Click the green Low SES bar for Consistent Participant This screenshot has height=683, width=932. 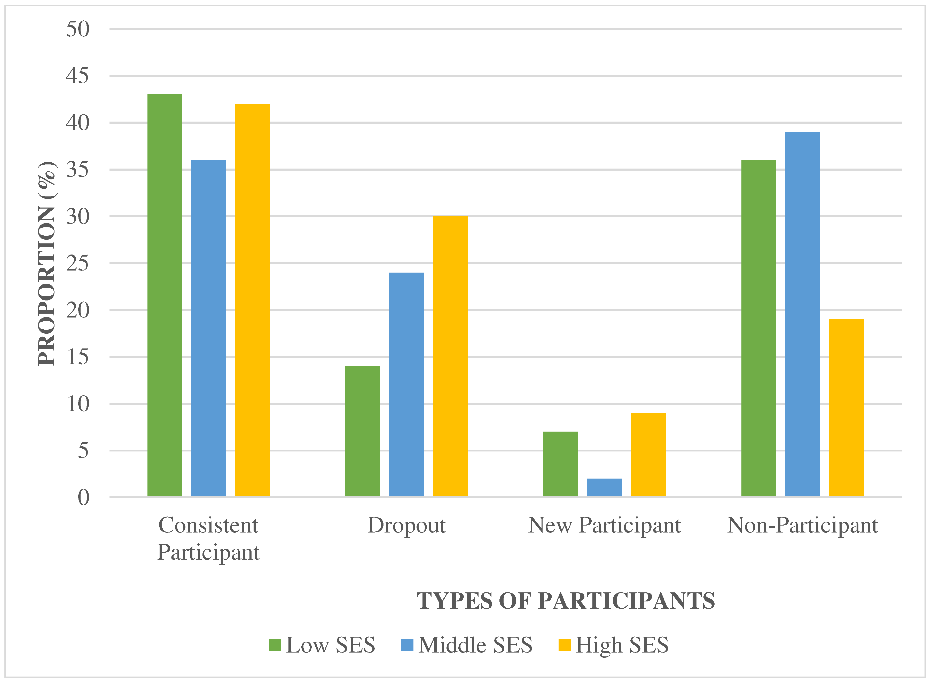[165, 295]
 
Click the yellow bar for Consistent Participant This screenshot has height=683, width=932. [252, 300]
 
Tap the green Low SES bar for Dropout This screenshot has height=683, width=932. [362, 431]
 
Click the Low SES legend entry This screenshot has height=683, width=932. [322, 645]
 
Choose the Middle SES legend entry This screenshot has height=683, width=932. [467, 645]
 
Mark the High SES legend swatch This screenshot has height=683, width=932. [564, 645]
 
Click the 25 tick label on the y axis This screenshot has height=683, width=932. [78, 263]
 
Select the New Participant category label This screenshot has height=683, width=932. [604, 526]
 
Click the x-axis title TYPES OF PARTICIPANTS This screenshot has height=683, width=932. [566, 601]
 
